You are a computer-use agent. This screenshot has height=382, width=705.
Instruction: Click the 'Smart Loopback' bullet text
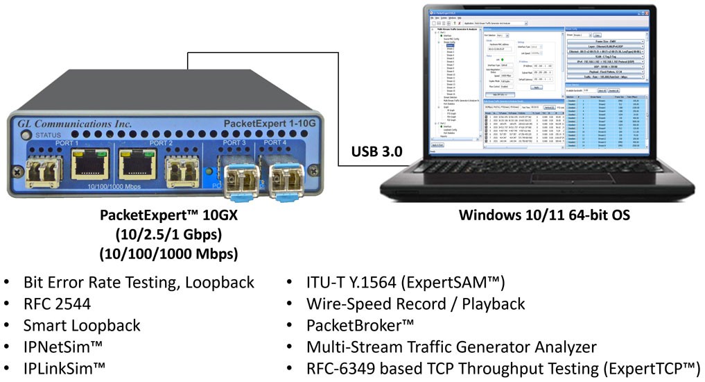click(x=82, y=325)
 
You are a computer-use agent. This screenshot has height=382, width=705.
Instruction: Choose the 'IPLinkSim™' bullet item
click(x=65, y=367)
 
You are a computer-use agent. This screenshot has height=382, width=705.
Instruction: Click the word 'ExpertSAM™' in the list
click(x=460, y=283)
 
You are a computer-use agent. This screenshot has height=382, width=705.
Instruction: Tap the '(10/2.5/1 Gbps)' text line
click(x=169, y=234)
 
